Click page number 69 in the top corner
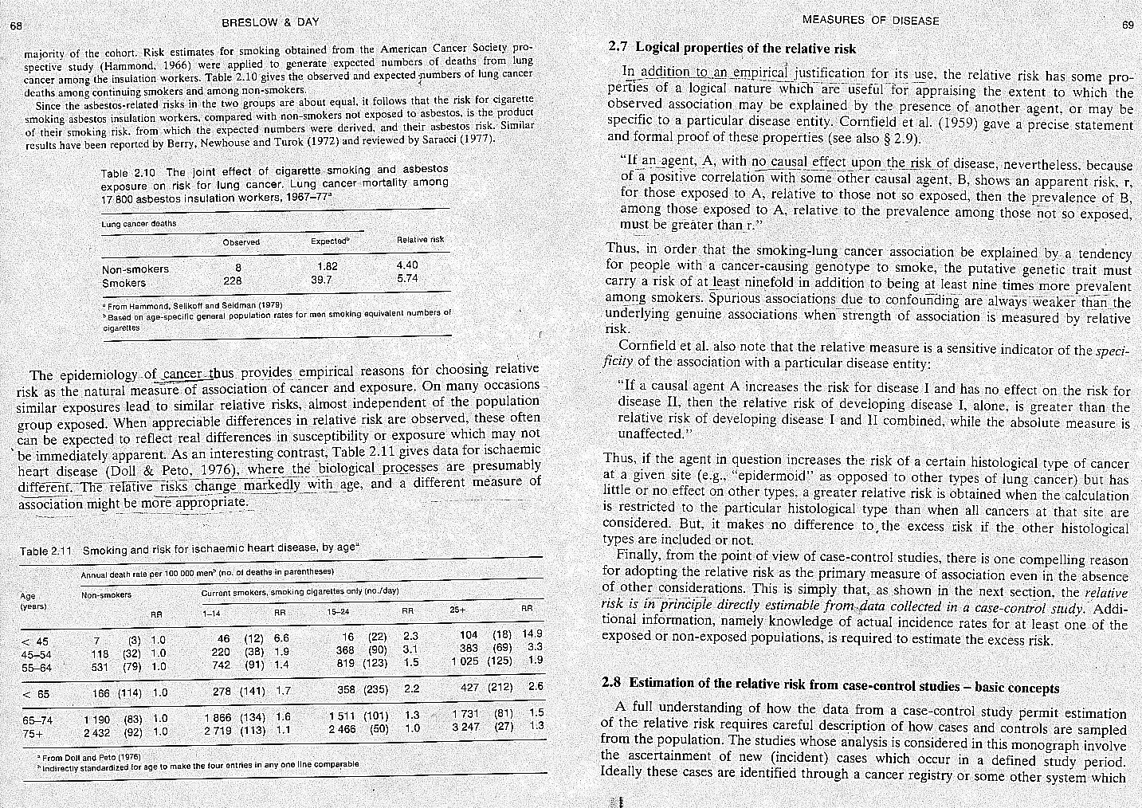click(x=1128, y=25)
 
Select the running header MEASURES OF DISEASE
click(x=870, y=20)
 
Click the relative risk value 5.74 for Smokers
click(x=407, y=279)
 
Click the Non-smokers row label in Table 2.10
click(x=135, y=269)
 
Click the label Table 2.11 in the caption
click(x=46, y=551)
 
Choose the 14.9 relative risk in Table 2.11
click(x=532, y=633)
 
